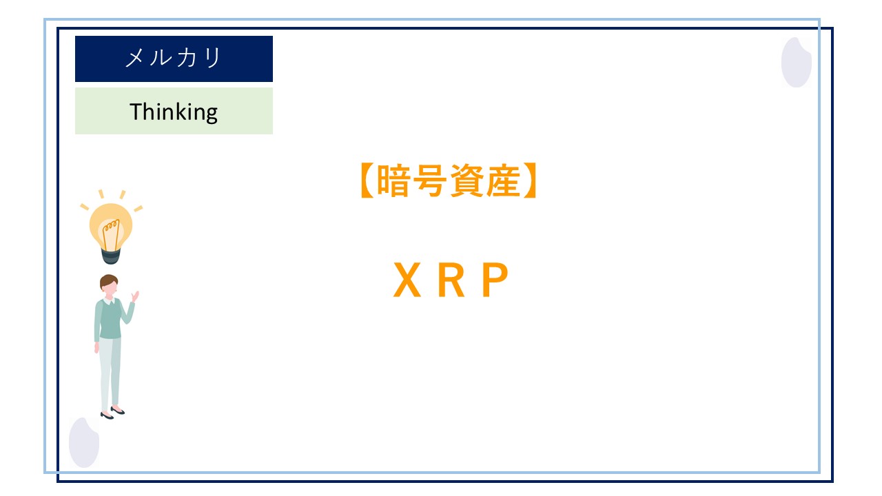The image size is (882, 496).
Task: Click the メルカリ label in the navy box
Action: [x=174, y=59]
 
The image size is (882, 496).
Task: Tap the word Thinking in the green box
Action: [x=174, y=111]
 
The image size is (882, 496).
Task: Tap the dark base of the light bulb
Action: [x=111, y=256]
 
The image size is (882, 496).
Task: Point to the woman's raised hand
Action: [x=136, y=296]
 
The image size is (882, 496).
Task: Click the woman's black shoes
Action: [x=111, y=413]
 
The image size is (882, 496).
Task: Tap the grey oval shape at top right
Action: [x=796, y=62]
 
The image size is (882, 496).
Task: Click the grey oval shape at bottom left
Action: [x=84, y=442]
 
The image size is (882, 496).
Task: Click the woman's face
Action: [x=110, y=289]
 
